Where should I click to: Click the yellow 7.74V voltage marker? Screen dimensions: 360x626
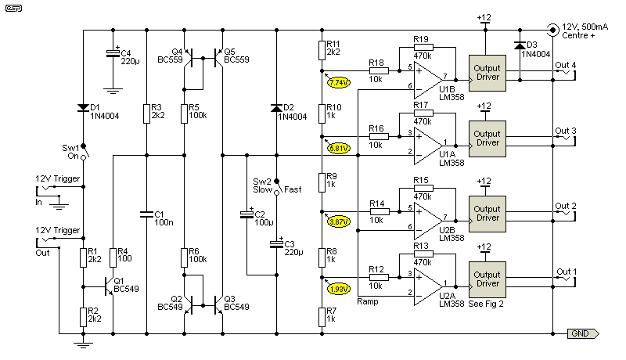[340, 82]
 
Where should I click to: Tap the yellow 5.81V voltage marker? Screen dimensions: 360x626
[340, 147]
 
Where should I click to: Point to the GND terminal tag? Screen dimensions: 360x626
[584, 333]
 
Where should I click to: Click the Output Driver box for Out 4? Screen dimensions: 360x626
[487, 72]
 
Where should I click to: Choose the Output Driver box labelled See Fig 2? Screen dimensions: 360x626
[487, 277]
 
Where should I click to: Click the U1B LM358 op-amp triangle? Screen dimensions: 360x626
[430, 78]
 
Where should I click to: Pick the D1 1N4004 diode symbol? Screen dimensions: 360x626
[83, 107]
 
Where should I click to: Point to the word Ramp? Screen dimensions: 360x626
[368, 301]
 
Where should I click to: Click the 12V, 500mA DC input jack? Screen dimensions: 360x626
[553, 30]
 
